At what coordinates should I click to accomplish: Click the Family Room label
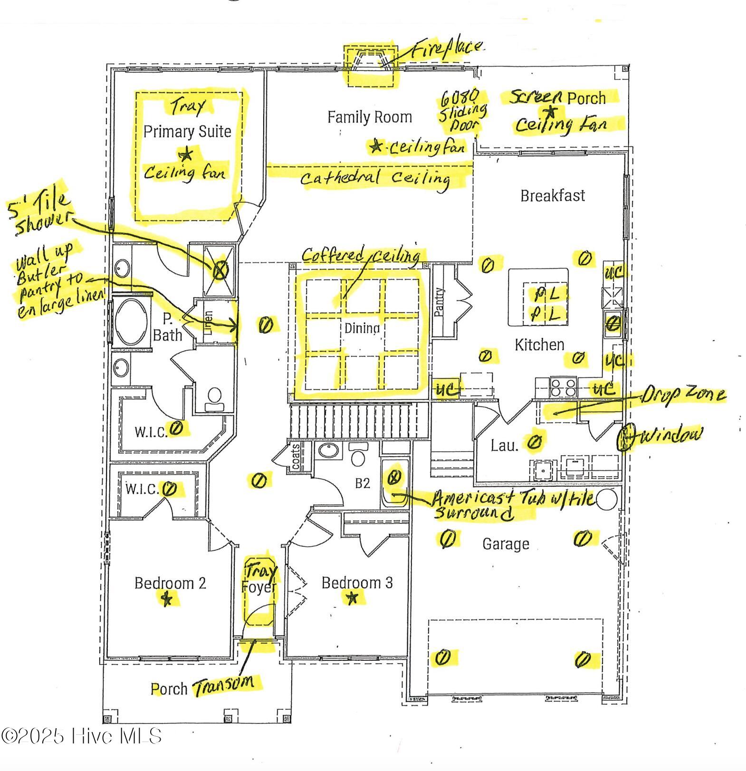click(369, 117)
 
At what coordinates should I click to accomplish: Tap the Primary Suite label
click(187, 132)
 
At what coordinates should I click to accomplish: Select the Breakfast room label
click(552, 195)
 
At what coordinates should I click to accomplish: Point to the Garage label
click(506, 543)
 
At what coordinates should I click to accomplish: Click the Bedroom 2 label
click(170, 583)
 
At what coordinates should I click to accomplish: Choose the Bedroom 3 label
click(357, 582)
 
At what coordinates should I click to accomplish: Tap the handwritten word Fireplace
click(447, 49)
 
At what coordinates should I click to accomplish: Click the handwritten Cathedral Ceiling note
click(375, 178)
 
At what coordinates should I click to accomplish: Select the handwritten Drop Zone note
click(683, 395)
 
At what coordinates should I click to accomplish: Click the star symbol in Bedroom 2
click(166, 599)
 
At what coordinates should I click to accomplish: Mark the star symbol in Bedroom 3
click(352, 598)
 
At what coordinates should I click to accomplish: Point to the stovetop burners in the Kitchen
click(563, 387)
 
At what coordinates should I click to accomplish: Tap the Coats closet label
click(296, 456)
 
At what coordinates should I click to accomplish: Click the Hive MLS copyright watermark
click(81, 736)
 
